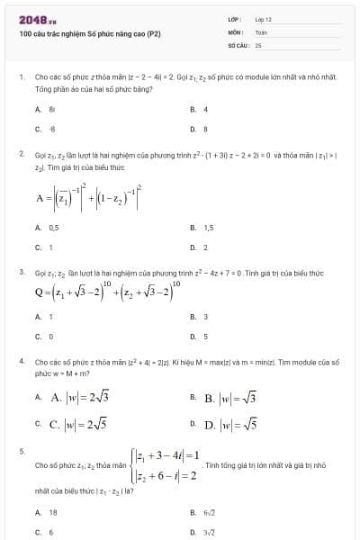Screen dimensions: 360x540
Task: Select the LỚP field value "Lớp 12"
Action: click(263, 19)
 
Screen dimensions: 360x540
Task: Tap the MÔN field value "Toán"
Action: click(261, 31)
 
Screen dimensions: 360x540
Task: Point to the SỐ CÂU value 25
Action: click(258, 43)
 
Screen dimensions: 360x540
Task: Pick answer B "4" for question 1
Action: click(206, 110)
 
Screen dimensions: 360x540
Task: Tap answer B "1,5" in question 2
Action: click(208, 229)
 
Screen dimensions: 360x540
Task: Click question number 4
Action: click(21, 361)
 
